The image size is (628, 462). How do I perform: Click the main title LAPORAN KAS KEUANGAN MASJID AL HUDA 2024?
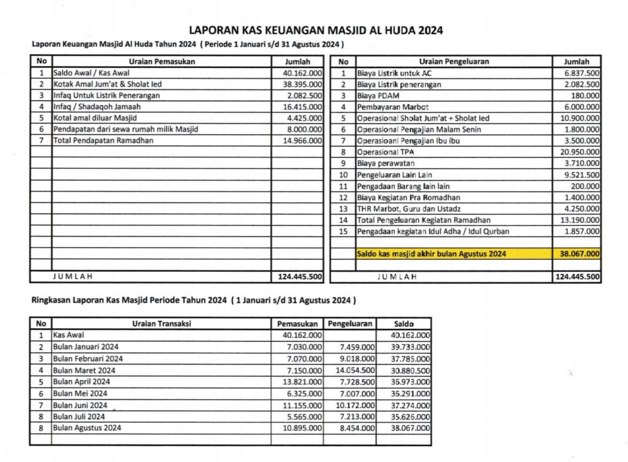[316, 30]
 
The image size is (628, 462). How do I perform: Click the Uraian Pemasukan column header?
[162, 61]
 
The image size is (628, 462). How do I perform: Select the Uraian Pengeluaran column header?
[454, 61]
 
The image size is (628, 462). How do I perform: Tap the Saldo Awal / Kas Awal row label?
[88, 73]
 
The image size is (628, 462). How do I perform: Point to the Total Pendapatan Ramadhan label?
[103, 141]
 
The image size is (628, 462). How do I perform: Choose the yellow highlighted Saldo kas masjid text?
[432, 253]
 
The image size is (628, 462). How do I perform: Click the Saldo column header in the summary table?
[404, 323]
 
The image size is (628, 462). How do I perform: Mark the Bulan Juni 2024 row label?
[80, 405]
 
